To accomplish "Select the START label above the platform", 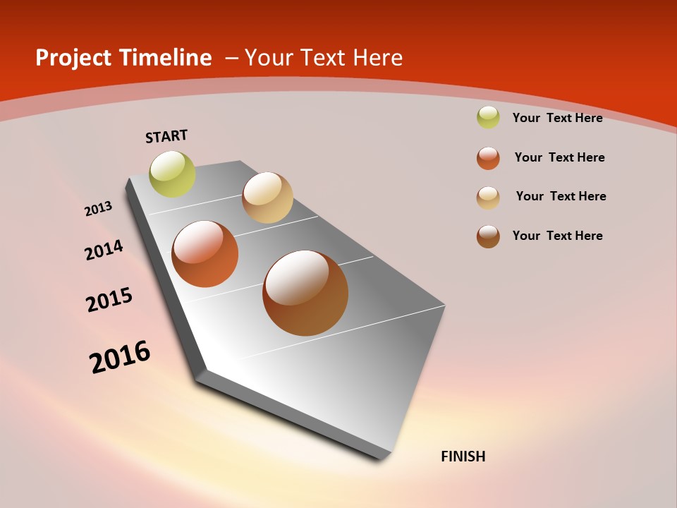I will coord(166,136).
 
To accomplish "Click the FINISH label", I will coord(463,456).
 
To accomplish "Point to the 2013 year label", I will coord(98,209).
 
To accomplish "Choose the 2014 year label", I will coord(104,250).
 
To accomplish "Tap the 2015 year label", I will coord(109,300).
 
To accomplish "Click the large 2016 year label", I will coord(120,357).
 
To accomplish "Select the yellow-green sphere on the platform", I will coord(173,174).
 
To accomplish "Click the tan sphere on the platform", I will coord(267,198).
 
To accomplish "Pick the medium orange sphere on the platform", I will coord(205,254).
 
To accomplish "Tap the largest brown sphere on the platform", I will coord(305,293).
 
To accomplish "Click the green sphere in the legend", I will coord(488,118).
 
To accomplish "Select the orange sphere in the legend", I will coord(488,158).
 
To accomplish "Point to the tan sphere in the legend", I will coord(488,198).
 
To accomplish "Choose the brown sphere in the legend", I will coord(488,236).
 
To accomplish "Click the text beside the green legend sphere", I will coord(557,118).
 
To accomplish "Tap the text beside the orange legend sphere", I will coord(559,157).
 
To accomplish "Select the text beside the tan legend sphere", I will coord(561,196).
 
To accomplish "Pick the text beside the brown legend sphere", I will coord(557,236).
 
